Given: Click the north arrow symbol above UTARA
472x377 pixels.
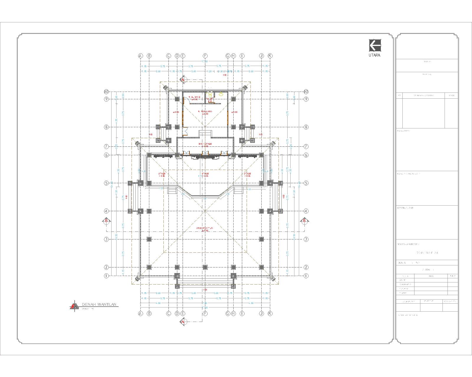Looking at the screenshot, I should [375, 45].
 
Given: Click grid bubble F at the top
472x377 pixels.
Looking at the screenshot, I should [205, 56].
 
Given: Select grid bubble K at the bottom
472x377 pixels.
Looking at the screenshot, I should [270, 314].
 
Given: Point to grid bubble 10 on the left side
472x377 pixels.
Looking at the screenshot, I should [107, 92].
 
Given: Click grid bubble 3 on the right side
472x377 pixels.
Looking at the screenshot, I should [306, 239].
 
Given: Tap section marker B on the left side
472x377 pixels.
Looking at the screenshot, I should [106, 220].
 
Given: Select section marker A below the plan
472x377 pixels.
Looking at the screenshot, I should [183, 322].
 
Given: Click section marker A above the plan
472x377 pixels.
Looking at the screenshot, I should [183, 80].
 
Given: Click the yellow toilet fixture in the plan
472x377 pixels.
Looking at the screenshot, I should [210, 95].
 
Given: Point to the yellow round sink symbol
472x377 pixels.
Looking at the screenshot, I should [221, 94].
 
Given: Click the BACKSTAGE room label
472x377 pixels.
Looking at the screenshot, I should [205, 145].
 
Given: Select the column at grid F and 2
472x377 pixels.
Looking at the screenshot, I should [205, 267].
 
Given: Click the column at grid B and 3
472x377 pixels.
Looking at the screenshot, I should [149, 239].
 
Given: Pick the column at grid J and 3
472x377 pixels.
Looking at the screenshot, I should [261, 239].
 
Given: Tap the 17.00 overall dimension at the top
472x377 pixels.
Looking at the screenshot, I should [204, 61].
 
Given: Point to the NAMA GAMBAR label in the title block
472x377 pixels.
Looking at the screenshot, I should [408, 244].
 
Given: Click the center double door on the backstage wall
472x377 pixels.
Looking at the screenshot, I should [205, 153].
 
